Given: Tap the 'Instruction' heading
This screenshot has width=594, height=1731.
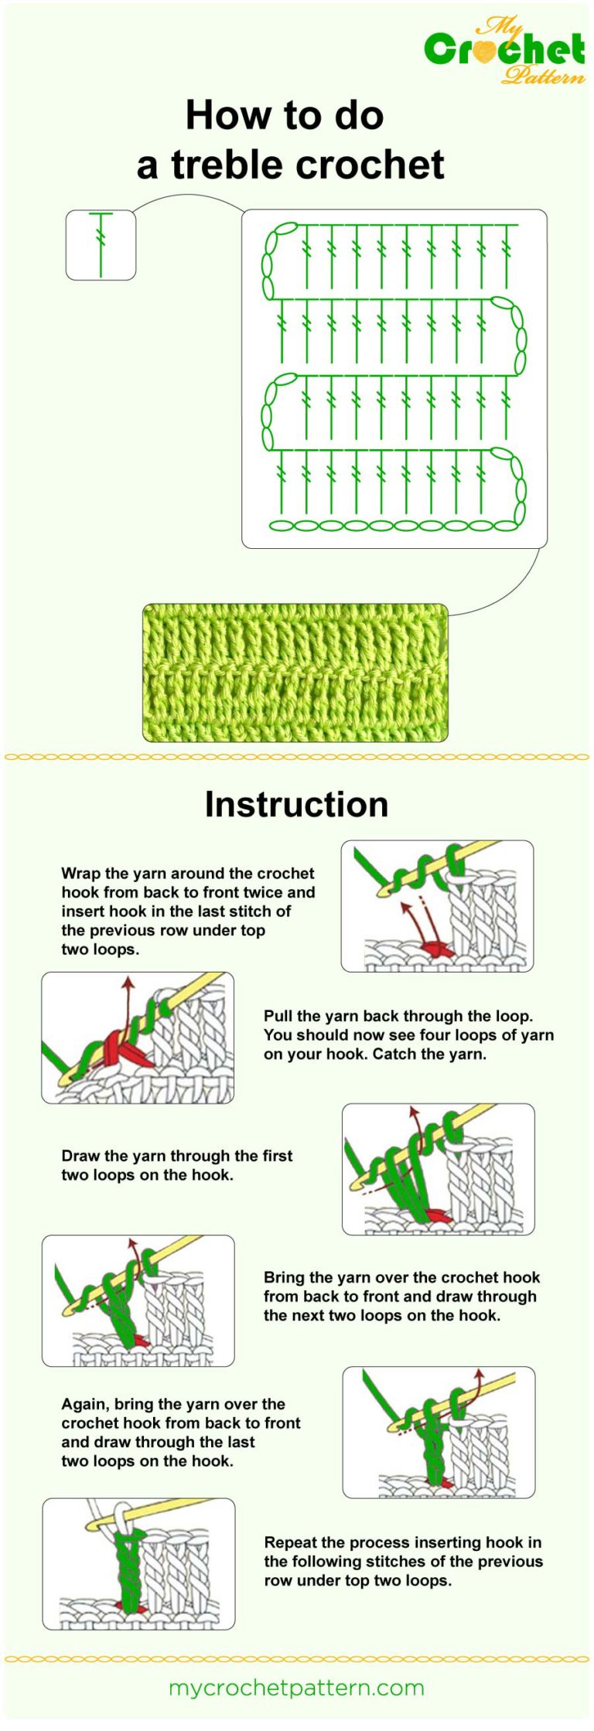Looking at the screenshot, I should pos(296,804).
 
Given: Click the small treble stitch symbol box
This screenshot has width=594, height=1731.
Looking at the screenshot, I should pos(101,244).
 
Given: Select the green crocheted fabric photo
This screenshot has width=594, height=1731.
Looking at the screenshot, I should pos(295,673).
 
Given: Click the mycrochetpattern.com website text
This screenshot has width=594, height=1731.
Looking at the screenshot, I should pos(296,1687).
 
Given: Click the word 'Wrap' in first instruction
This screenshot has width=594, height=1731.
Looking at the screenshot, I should pos(80,874).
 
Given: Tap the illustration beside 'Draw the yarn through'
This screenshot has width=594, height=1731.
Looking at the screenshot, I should pos(438,1169).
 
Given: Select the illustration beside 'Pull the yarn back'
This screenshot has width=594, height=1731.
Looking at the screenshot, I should pos(138,1038).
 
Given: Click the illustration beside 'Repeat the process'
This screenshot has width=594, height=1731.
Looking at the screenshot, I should pos(138,1564).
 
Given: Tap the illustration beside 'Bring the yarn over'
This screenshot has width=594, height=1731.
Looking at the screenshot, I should pos(138,1300).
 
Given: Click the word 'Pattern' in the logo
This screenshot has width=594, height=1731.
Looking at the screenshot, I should pos(543,76).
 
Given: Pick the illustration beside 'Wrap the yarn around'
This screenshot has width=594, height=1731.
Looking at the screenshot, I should pos(437,906).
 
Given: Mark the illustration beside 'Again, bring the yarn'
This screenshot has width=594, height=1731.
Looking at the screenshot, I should pos(439,1432).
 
